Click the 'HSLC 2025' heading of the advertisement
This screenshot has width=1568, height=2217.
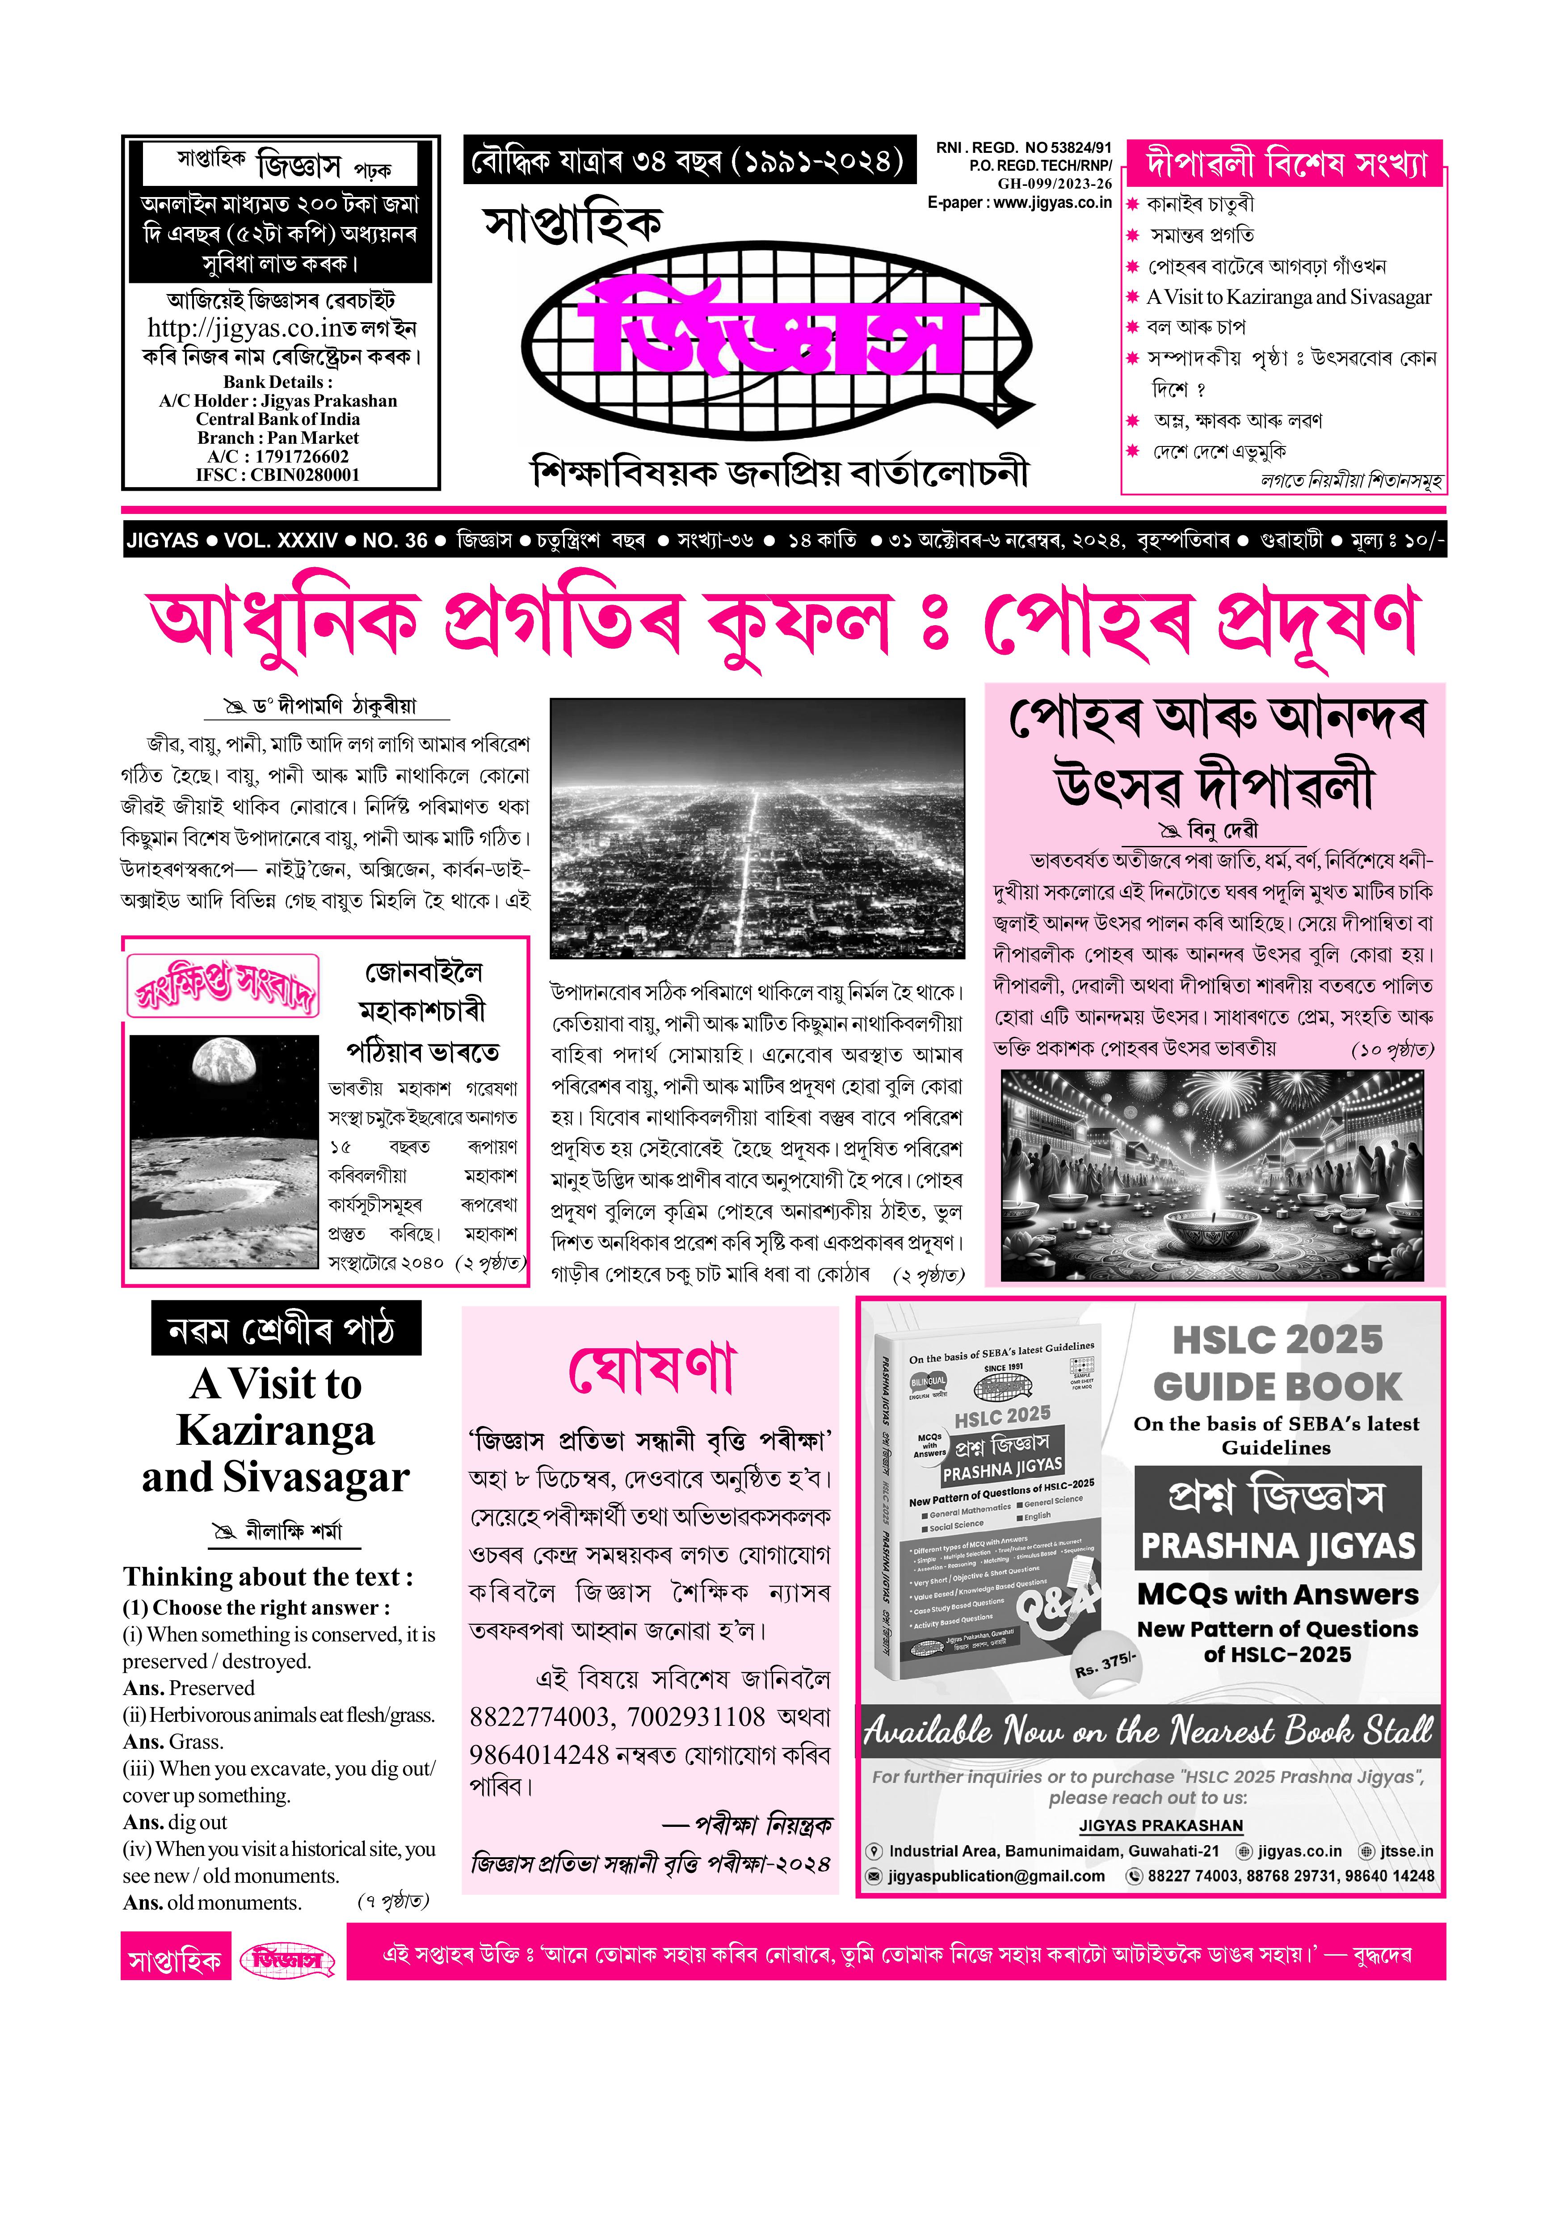click(1278, 1340)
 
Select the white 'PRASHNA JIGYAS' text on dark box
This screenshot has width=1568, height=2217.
click(1278, 1546)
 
